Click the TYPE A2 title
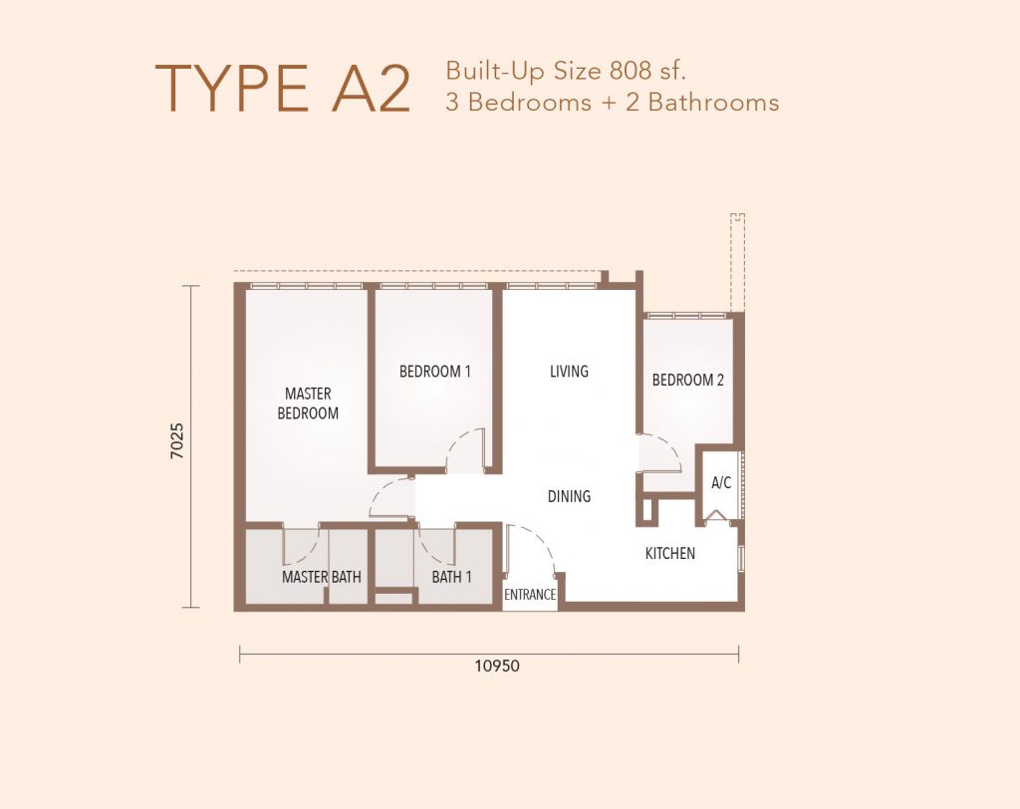(x=282, y=89)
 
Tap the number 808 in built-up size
(x=631, y=71)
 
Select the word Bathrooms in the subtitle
(x=713, y=103)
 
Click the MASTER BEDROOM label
(x=308, y=404)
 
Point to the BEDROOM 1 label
(x=434, y=372)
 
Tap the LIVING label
(x=569, y=371)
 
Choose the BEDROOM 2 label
(x=687, y=380)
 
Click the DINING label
(x=569, y=496)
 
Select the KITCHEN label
(x=670, y=553)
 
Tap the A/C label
(x=721, y=482)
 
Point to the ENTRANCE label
(x=530, y=594)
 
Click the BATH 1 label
(x=451, y=577)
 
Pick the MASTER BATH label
(x=322, y=577)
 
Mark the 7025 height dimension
(x=177, y=440)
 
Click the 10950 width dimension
(x=497, y=666)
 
